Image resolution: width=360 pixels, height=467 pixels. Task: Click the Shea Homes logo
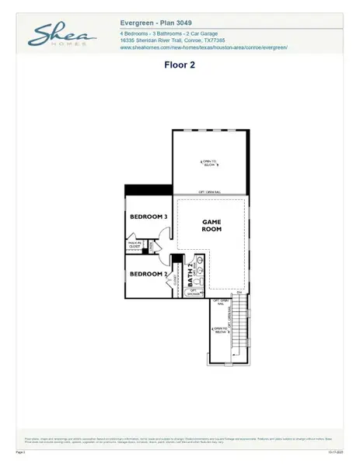(61, 35)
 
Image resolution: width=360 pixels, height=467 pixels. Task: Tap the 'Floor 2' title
(179, 65)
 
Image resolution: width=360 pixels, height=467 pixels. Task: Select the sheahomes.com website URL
(204, 47)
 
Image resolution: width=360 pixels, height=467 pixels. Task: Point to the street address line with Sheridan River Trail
(173, 41)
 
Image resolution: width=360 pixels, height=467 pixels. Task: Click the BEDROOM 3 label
(149, 216)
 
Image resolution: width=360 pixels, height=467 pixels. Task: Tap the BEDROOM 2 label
(149, 274)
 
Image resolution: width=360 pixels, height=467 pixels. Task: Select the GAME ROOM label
(211, 225)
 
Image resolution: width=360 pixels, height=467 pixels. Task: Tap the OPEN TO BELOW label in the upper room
(211, 163)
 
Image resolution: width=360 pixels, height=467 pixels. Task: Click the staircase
(243, 327)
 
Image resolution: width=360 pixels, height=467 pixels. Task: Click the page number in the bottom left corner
(20, 451)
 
